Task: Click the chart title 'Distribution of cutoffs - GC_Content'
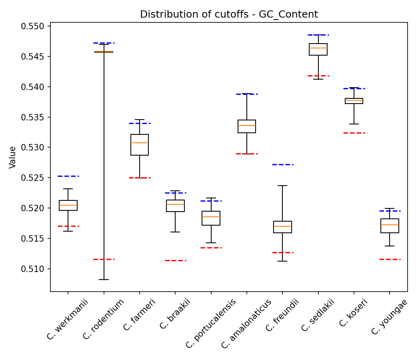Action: pos(229,15)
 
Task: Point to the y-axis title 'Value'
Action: pos(13,157)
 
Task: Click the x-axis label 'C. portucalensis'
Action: pos(211,324)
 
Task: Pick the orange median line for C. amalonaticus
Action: pos(247,126)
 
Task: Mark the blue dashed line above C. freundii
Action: pos(282,164)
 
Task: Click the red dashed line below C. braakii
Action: pos(175,260)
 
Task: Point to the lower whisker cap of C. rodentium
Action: pos(104,280)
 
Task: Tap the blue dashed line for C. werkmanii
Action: pos(68,176)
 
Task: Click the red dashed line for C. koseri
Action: pos(354,133)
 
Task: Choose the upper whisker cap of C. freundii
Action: pos(282,186)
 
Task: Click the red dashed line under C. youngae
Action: pos(390,259)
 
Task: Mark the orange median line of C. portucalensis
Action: pos(211,217)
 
